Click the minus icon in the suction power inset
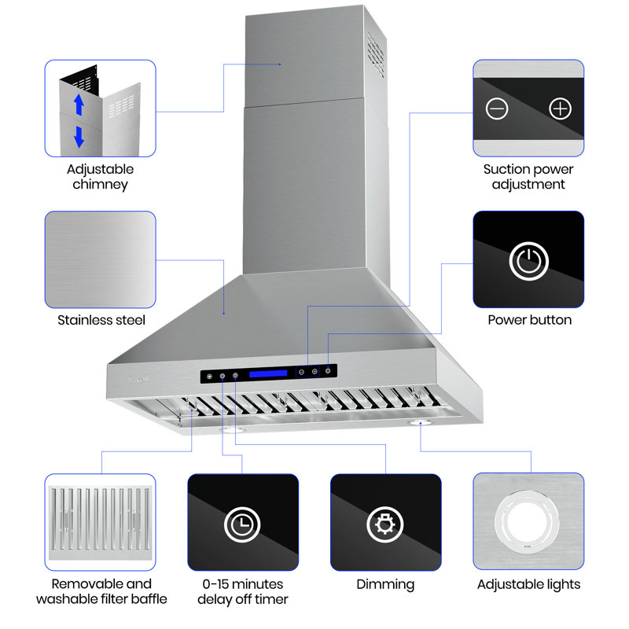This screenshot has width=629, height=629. click(x=497, y=109)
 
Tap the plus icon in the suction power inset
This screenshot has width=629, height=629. click(x=560, y=109)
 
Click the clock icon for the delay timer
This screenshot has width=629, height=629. click(x=242, y=524)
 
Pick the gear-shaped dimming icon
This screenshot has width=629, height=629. click(x=385, y=524)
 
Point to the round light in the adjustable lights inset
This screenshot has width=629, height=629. click(x=528, y=521)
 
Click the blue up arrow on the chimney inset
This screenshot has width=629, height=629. click(x=79, y=103)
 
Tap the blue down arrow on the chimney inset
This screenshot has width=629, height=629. click(x=79, y=136)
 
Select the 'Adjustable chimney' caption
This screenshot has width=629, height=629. click(x=100, y=177)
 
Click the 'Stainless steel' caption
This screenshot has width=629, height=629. click(x=101, y=320)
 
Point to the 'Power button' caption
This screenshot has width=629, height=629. click(x=529, y=320)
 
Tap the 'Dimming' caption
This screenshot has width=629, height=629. click(x=385, y=584)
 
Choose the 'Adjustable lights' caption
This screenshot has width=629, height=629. click(x=528, y=584)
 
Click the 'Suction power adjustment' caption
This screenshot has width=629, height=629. click(x=528, y=177)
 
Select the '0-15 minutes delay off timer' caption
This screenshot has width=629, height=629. click(x=243, y=591)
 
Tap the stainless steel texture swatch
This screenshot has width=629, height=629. click(x=100, y=259)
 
